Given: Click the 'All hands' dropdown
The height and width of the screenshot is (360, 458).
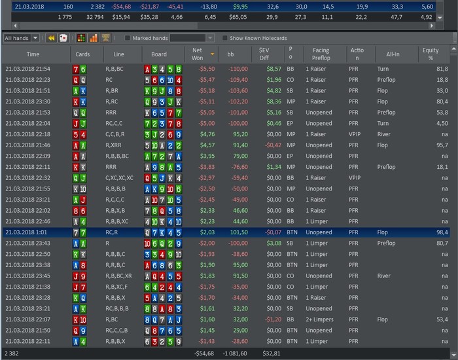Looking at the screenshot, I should pos(21,38).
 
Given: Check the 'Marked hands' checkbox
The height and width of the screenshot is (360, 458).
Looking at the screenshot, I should pos(128,38).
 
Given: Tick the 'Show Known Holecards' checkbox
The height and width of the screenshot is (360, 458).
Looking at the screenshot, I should pos(224,38).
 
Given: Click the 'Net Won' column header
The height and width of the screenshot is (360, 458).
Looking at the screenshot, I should pos(197,54).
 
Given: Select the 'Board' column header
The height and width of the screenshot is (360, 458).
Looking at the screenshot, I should pos(159,54).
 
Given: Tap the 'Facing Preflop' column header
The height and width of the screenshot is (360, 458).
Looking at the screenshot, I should pos(321,54).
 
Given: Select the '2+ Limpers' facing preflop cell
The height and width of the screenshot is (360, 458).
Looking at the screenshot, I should pos(321,319).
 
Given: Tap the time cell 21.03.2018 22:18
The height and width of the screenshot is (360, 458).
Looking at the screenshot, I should pos(27,134).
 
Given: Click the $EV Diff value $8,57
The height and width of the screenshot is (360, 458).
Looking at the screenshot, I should pos(273,68).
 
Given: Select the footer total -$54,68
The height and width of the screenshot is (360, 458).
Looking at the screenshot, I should pos(204,353).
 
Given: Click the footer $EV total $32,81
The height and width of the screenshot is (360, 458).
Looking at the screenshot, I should pos(270,353).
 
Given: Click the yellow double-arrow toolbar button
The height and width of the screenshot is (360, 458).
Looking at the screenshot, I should pos(50,38).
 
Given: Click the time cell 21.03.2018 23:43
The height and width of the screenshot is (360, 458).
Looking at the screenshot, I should pos(27,243).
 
